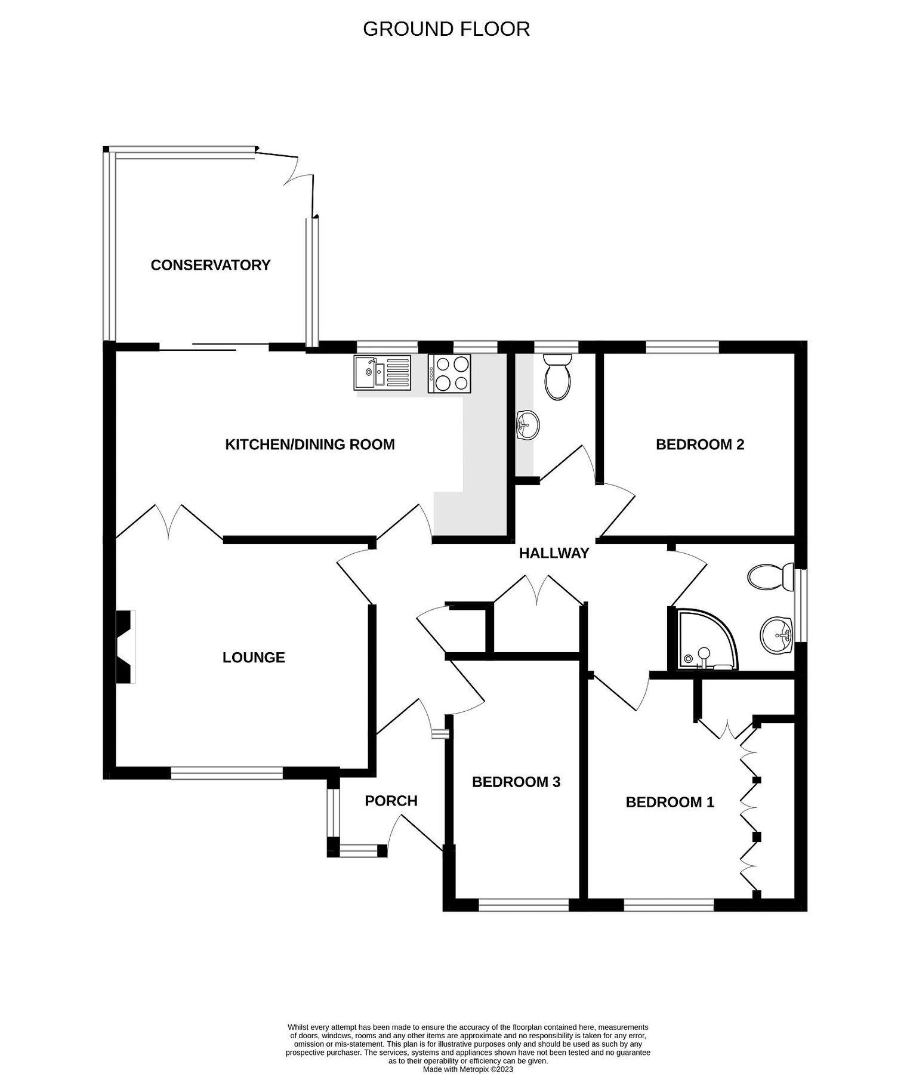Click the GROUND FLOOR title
click(x=446, y=29)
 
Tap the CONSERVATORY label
click(x=210, y=265)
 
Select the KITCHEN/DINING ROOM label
click(x=310, y=445)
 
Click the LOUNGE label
click(x=254, y=658)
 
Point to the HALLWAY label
click(x=554, y=553)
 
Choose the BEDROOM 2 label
click(x=699, y=445)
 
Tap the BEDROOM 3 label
click(x=516, y=782)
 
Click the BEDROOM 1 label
click(x=670, y=802)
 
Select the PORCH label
click(x=391, y=801)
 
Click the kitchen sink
click(x=382, y=373)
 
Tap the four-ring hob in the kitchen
click(x=449, y=373)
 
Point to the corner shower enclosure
click(x=705, y=640)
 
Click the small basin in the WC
click(x=527, y=425)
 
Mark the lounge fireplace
click(x=125, y=646)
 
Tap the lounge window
click(x=226, y=774)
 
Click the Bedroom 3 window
click(x=523, y=906)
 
